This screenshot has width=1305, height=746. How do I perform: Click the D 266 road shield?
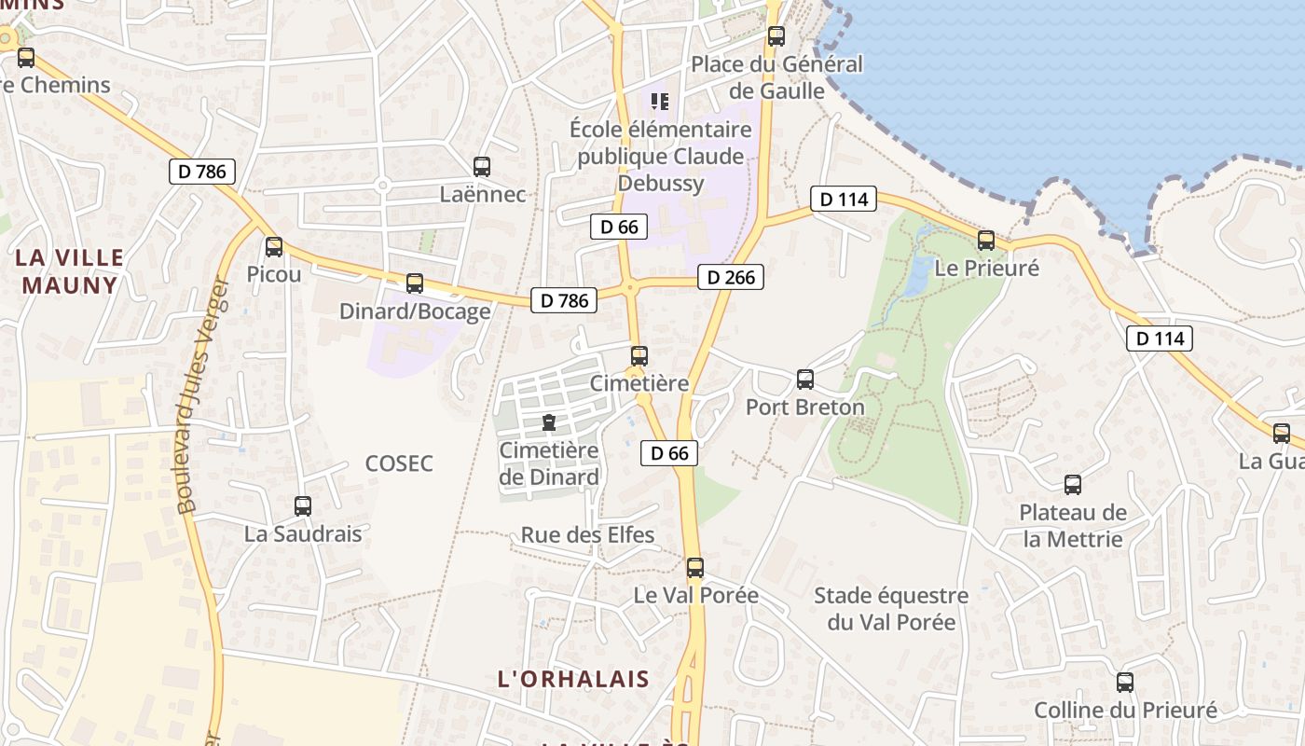pyautogui.click(x=731, y=277)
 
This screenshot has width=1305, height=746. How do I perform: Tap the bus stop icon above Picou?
pyautogui.click(x=274, y=247)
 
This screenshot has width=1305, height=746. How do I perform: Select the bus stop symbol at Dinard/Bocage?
pyautogui.click(x=415, y=283)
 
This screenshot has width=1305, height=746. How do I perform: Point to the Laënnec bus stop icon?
pyautogui.click(x=482, y=168)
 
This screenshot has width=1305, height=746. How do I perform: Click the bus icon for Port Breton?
pyautogui.click(x=805, y=380)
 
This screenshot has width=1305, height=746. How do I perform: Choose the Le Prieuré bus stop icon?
pyautogui.click(x=986, y=241)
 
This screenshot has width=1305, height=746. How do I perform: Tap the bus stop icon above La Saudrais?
pyautogui.click(x=303, y=506)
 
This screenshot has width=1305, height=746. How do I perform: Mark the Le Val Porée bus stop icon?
pyautogui.click(x=695, y=568)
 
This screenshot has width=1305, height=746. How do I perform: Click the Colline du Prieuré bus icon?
pyautogui.click(x=1125, y=683)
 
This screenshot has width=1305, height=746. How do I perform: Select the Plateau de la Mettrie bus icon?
pyautogui.click(x=1073, y=485)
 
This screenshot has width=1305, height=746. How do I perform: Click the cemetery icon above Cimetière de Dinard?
pyautogui.click(x=549, y=422)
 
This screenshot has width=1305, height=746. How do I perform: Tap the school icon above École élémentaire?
pyautogui.click(x=660, y=101)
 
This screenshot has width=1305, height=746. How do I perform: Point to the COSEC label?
pyautogui.click(x=399, y=463)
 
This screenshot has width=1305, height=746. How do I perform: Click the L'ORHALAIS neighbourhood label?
pyautogui.click(x=573, y=679)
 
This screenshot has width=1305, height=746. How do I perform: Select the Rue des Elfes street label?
pyautogui.click(x=587, y=535)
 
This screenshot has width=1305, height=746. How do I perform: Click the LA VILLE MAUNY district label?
pyautogui.click(x=70, y=271)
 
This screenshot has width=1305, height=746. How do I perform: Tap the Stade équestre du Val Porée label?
pyautogui.click(x=891, y=608)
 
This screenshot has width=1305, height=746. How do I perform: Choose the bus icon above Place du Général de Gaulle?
pyautogui.click(x=776, y=37)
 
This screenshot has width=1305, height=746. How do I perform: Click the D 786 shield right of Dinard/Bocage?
pyautogui.click(x=564, y=300)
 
